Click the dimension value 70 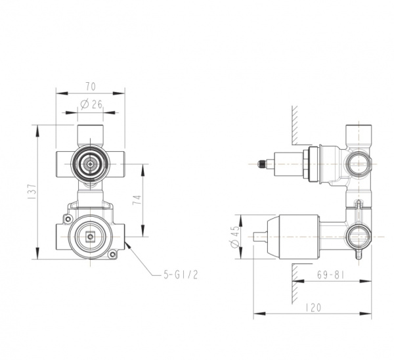point(91,86)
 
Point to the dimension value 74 point(137,200)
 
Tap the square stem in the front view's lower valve point(90,236)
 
